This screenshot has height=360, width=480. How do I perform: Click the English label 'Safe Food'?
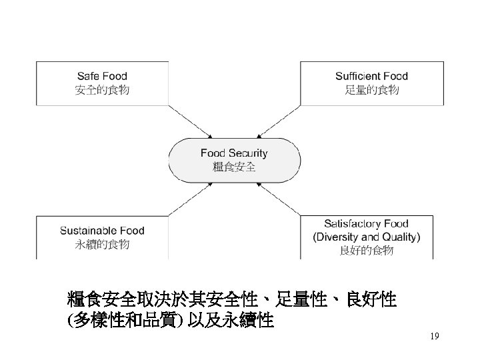click(x=102, y=77)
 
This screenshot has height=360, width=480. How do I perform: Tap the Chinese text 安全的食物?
click(x=102, y=89)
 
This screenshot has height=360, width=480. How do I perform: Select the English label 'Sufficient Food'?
click(x=371, y=77)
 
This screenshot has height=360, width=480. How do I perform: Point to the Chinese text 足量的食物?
click(x=371, y=89)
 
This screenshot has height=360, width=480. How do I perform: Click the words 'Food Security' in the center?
click(x=234, y=153)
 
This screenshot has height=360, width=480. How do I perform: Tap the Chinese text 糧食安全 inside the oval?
click(x=234, y=167)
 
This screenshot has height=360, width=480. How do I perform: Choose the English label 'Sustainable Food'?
click(x=102, y=231)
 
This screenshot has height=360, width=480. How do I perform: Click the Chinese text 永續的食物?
click(x=102, y=244)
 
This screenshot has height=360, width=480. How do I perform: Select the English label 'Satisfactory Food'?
click(x=366, y=223)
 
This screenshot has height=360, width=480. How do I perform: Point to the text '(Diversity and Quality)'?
click(x=366, y=237)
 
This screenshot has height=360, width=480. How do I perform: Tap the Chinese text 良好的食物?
click(x=366, y=251)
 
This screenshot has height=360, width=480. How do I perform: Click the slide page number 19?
click(x=434, y=337)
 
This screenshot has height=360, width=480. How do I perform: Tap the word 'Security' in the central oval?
click(x=248, y=153)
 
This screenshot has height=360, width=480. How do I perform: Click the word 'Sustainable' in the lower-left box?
click(x=87, y=231)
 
